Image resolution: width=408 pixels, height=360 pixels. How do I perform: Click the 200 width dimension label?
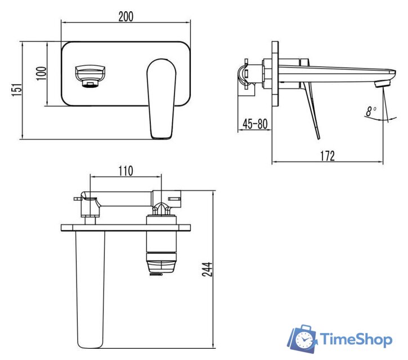pos(125,16)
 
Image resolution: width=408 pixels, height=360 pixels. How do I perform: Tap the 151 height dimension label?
pos(17,89)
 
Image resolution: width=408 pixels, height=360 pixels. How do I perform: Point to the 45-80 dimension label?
pos(254,124)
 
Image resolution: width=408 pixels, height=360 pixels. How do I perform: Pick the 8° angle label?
pos(370,111)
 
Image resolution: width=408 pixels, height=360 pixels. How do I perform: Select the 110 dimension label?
pos(125,171)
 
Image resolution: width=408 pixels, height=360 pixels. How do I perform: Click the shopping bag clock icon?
pos(303,339)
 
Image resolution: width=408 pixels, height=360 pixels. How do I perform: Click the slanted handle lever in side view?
pos(311,110)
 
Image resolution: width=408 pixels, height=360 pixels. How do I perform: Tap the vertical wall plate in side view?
pos(275,73)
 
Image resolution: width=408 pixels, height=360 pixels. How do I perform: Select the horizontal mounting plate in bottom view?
pos(125,227)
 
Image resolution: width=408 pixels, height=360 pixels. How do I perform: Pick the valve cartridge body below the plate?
pos(162,247)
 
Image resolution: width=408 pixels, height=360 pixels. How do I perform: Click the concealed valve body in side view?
pos(253,74)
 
